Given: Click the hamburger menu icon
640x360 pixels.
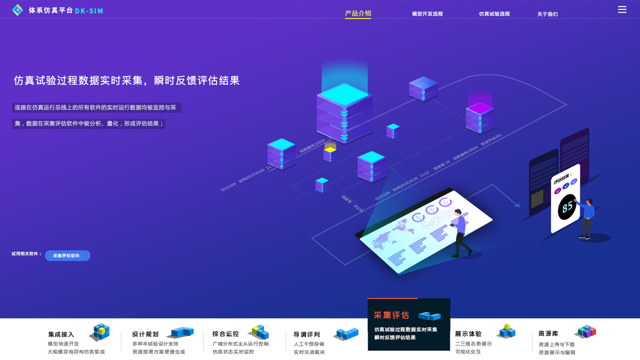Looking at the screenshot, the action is pos(622,10).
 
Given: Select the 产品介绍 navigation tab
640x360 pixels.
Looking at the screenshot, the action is pos(357,14).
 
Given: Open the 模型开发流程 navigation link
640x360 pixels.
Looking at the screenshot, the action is pos(427,14).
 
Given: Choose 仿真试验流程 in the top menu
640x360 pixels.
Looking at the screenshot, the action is pos(494,14).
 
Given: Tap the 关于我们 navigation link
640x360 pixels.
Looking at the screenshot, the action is pos(547,14).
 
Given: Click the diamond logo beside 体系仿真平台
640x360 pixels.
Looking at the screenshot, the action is pos(17,10).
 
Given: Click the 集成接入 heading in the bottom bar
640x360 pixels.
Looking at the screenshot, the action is pos(61,334).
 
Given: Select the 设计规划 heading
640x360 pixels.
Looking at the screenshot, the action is pos(145,334).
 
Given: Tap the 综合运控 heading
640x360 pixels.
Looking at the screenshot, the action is pos(226,334).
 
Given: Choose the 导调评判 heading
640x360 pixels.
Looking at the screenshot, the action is pos(307,334).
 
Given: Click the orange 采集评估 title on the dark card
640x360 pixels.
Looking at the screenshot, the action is pos(391,315).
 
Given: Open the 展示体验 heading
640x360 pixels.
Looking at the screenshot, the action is pos(468,334).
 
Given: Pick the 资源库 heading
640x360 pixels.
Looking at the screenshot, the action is pos(549,334).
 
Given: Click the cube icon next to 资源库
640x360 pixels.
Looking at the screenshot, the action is pos(585,331).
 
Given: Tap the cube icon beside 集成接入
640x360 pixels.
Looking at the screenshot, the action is pos(100,331).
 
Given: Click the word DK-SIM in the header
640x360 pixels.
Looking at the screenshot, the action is pos(89,11).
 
